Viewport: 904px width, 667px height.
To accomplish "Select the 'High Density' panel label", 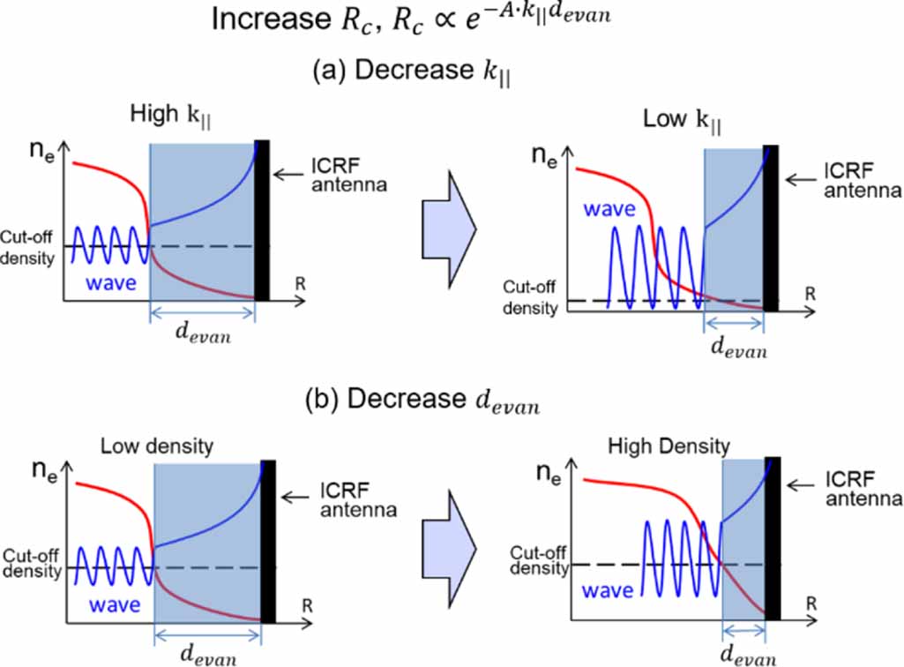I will (669, 446).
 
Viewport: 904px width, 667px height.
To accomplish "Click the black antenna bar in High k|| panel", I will (262, 221).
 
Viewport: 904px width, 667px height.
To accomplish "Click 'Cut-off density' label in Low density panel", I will (33, 564).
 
